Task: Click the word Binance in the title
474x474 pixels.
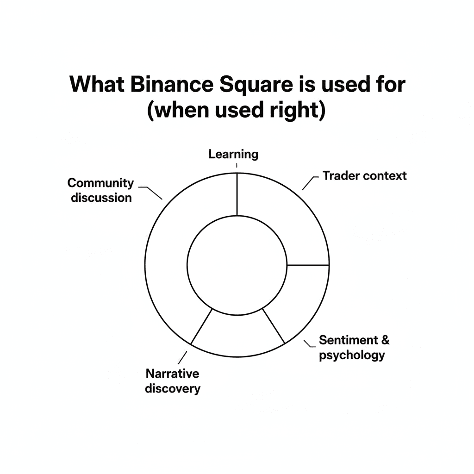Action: click(172, 84)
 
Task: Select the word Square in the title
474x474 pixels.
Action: click(256, 85)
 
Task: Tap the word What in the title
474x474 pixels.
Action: click(97, 84)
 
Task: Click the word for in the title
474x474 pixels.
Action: click(390, 84)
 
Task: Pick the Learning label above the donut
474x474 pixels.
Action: click(233, 155)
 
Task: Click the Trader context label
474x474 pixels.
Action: click(365, 175)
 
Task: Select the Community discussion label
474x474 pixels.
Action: click(100, 190)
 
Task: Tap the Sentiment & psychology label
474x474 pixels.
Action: click(354, 348)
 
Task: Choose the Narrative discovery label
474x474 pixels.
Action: click(172, 381)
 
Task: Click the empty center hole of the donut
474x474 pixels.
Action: click(237, 265)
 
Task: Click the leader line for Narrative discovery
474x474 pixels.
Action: click(182, 358)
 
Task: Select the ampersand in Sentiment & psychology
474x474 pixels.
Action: click(385, 340)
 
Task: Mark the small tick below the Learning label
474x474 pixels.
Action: click(237, 165)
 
